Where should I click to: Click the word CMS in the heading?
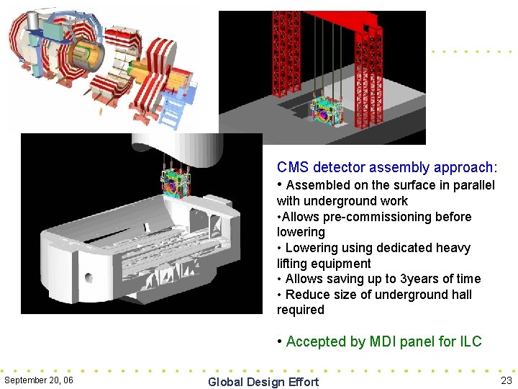pos(292,168)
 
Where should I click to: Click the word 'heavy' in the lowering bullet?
pos(453,248)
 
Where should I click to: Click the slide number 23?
pos(505,380)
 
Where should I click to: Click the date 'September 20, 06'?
pos(38,380)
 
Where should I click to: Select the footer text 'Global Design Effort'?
pos(263,382)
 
